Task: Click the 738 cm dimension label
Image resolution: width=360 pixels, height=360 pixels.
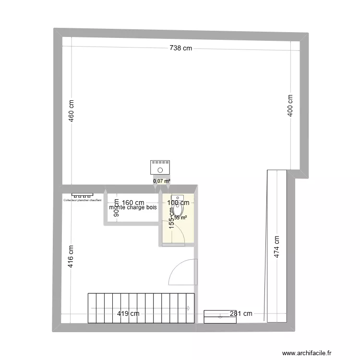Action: (180, 48)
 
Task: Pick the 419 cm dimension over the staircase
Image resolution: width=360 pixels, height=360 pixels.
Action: (128, 314)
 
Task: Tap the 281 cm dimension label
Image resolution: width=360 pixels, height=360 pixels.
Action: (240, 314)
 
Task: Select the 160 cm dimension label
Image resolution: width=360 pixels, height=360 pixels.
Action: (133, 203)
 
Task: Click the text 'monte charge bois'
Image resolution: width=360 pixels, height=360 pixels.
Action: (133, 208)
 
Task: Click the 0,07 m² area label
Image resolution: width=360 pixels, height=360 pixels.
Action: (162, 181)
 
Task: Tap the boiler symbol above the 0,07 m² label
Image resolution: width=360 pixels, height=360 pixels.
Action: (160, 168)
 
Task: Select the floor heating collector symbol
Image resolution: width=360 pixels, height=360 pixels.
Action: (82, 195)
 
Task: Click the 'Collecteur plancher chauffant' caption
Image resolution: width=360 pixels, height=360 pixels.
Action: (82, 200)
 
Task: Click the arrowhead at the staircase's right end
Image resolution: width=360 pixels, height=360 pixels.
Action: (189, 308)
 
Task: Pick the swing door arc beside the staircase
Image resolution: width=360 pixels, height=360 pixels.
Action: (180, 271)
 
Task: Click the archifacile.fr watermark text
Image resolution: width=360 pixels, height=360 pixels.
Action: (307, 353)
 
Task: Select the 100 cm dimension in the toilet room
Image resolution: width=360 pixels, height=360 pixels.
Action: (178, 203)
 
